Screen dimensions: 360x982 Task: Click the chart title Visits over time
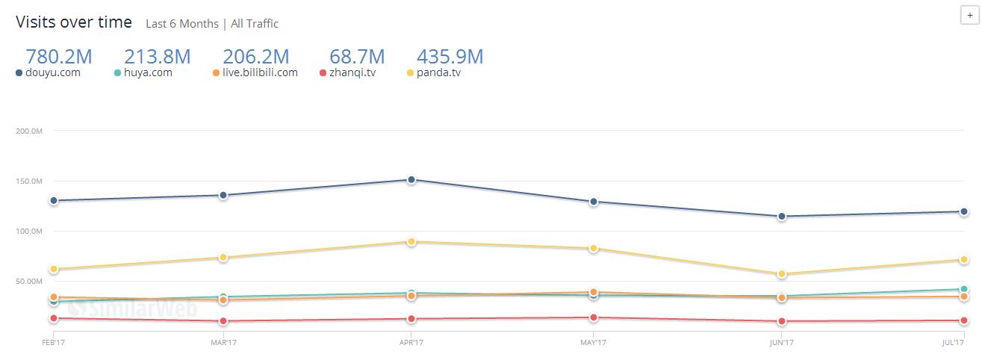(74, 22)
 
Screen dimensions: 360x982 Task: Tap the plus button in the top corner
(969, 16)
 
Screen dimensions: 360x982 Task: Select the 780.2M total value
(58, 56)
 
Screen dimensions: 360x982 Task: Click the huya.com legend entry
(148, 72)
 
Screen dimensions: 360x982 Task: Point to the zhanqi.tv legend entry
(352, 72)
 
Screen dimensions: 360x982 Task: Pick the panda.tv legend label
(438, 72)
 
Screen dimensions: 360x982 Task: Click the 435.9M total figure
(450, 56)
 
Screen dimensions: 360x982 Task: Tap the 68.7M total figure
(357, 56)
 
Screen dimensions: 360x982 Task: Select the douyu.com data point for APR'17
(411, 179)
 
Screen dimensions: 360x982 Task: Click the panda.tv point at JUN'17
(781, 274)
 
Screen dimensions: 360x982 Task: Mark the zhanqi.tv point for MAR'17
(223, 321)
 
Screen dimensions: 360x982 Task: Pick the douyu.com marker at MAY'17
(594, 202)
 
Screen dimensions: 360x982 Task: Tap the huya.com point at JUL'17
(964, 289)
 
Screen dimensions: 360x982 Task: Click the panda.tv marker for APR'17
(411, 241)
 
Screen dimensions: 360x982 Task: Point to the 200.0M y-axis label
(28, 131)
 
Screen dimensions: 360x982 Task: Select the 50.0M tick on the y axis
(28, 281)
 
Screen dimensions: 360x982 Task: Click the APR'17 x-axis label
(411, 342)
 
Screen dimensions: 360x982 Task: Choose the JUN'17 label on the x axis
(781, 342)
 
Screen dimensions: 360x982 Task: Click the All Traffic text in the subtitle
(255, 24)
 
